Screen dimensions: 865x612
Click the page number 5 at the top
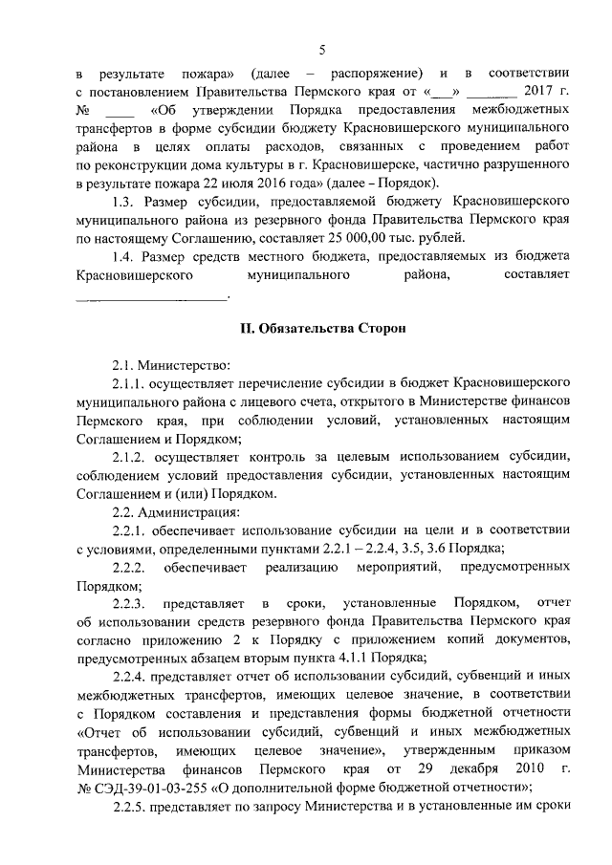(322, 51)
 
